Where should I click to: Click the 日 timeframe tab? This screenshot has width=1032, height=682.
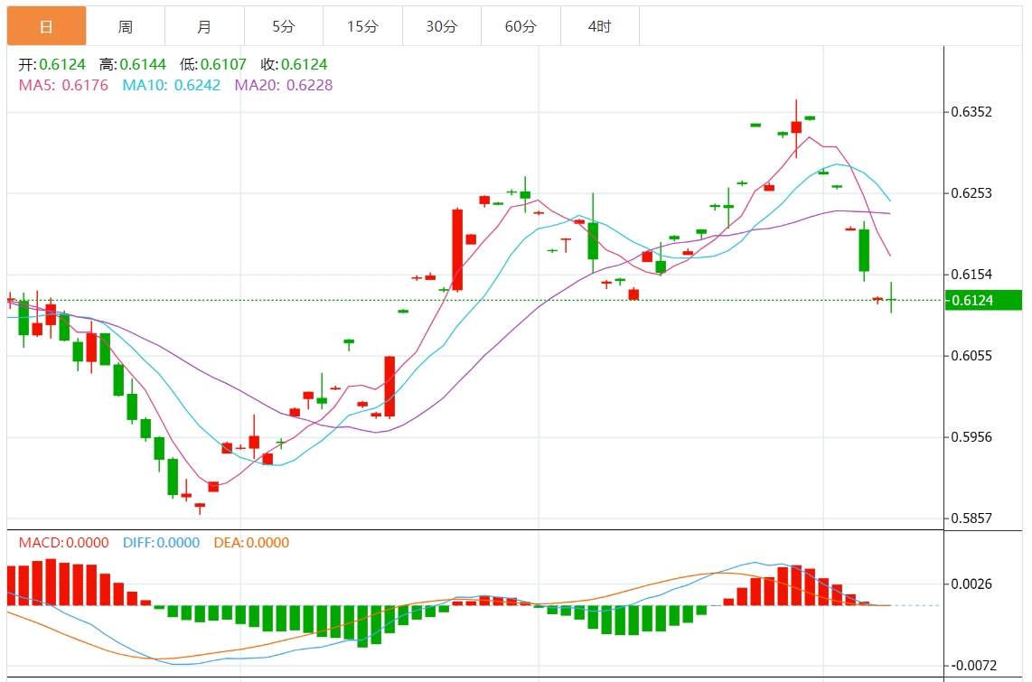[x=46, y=27]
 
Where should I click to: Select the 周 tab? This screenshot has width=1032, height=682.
[x=126, y=27]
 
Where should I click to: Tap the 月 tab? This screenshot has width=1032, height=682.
[x=204, y=27]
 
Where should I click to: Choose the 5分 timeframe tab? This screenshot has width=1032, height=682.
[x=284, y=27]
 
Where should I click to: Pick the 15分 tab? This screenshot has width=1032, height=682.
[x=362, y=27]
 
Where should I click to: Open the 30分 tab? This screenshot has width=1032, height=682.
[x=442, y=27]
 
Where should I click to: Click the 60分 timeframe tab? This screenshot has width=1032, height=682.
[x=521, y=27]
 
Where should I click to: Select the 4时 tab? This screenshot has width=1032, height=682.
[x=599, y=27]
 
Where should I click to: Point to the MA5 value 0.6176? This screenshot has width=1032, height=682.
[x=85, y=85]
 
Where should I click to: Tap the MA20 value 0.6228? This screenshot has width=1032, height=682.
[x=309, y=85]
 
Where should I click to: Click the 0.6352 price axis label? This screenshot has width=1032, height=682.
[x=971, y=112]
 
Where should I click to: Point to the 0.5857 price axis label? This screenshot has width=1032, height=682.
[x=971, y=519]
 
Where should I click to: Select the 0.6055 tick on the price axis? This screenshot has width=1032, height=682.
[x=971, y=356]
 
